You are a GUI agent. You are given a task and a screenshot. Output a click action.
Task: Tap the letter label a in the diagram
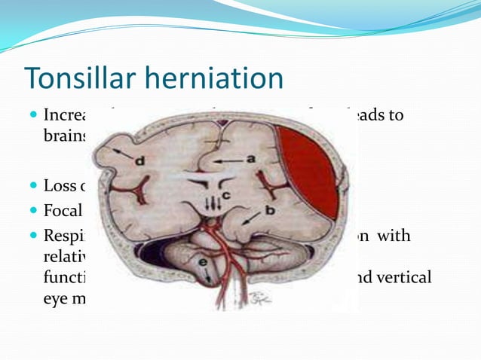250,160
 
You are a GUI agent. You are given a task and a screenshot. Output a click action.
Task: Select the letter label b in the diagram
269,214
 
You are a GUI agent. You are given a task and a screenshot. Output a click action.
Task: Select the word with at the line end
395,236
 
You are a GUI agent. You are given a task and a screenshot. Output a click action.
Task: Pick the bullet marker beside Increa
32,117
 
